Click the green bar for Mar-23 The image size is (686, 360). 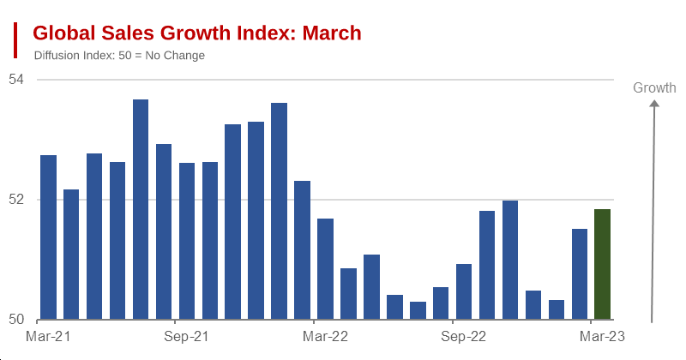coord(602,265)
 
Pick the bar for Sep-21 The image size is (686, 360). coord(187,241)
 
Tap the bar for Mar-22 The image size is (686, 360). coord(325,269)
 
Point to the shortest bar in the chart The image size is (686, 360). coord(418,310)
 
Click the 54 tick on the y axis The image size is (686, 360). coord(17,80)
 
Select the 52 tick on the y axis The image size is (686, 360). coord(17,200)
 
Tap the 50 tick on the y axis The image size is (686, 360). coord(17,320)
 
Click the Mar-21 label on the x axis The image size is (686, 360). coord(48,336)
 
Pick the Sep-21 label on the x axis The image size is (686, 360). coord(187,336)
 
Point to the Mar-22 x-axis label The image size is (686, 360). coord(326,336)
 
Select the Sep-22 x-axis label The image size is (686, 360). coord(464,336)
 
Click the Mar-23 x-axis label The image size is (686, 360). coord(603,336)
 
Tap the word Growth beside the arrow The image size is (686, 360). coord(654,87)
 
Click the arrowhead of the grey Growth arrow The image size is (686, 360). coord(654,105)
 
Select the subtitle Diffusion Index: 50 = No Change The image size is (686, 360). coord(119,56)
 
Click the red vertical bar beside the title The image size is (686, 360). coord(15,40)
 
